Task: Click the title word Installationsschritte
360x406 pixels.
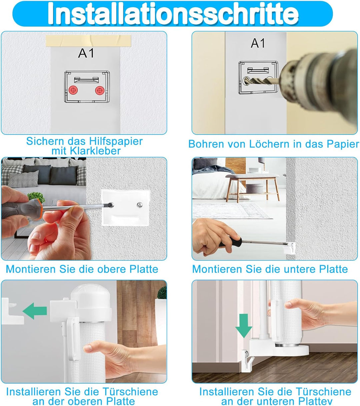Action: (173, 14)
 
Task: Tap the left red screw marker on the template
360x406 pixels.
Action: (73, 90)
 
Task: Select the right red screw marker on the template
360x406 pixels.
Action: (99, 90)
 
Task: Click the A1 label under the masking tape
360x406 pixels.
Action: (86, 54)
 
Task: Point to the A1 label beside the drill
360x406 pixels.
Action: (258, 43)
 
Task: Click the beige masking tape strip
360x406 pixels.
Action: (88, 41)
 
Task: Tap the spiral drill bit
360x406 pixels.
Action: (263, 81)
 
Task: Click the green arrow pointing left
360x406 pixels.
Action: (35, 311)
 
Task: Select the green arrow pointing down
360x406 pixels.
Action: (244, 326)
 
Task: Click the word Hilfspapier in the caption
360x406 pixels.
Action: (116, 141)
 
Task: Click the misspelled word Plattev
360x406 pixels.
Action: (315, 401)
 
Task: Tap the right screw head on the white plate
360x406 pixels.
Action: (140, 205)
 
